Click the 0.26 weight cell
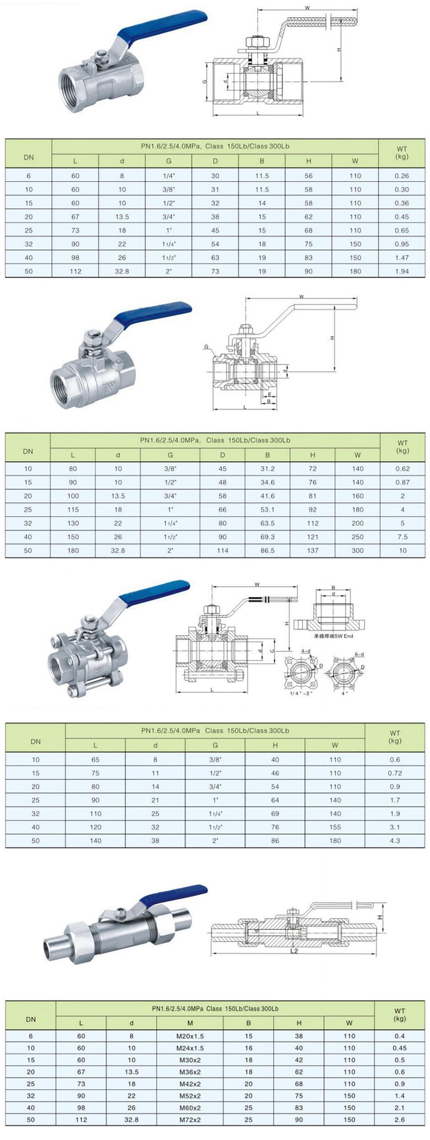coord(402,176)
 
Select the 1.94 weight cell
coord(402,271)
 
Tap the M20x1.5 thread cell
coord(190,1036)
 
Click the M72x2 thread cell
coord(190,1120)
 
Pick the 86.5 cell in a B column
coord(267,550)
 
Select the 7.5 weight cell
coord(402,537)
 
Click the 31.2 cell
coord(267,469)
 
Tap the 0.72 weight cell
coord(395,773)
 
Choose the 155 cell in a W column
coord(335,827)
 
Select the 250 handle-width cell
coord(357,537)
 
